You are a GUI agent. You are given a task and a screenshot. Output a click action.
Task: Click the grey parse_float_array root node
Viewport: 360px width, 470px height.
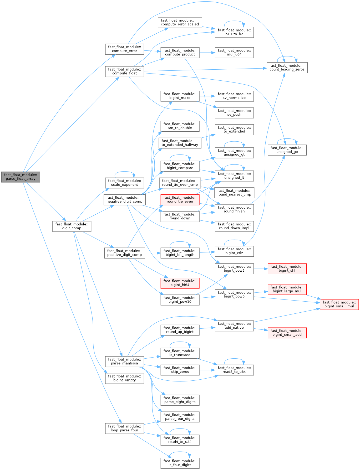coord(21,177)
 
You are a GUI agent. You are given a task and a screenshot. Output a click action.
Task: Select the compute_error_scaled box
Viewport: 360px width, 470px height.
coord(180,22)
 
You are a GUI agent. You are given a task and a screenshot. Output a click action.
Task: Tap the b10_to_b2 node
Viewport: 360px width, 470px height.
coord(234,32)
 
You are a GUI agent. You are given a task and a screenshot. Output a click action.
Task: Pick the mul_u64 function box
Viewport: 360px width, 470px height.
coord(234,53)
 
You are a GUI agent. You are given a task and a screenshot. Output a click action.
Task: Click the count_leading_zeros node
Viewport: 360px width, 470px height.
coord(287,68)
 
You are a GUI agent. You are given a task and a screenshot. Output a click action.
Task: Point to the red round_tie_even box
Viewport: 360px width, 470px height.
coord(180,200)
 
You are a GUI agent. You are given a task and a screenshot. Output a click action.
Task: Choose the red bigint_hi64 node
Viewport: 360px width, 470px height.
coord(180,283)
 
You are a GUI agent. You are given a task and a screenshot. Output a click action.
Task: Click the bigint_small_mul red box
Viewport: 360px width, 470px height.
coord(339,304)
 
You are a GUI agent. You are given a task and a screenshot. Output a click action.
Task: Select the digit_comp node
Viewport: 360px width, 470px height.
coord(72,226)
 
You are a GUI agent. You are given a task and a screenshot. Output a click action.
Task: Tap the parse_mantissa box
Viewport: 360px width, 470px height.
coord(124,361)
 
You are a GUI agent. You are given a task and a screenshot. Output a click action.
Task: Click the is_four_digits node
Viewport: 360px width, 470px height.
coord(180,463)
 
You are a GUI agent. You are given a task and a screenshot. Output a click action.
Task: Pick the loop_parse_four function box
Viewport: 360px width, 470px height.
coord(124,428)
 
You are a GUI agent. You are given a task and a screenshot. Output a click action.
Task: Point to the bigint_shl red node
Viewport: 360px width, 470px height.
coord(287,268)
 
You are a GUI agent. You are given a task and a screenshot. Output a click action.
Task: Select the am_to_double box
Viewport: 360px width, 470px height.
coord(180,126)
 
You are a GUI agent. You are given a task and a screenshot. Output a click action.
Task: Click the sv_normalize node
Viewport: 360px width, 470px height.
coord(234,96)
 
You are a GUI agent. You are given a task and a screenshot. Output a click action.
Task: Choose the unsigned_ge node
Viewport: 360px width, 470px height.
coord(287,150)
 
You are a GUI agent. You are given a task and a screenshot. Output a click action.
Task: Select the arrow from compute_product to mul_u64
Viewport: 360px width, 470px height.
coord(207,53)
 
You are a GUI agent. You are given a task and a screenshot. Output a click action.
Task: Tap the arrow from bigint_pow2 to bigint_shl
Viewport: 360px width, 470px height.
coord(261,268)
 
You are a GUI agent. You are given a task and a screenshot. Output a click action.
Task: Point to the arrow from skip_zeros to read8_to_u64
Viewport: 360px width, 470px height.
coord(207,370)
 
